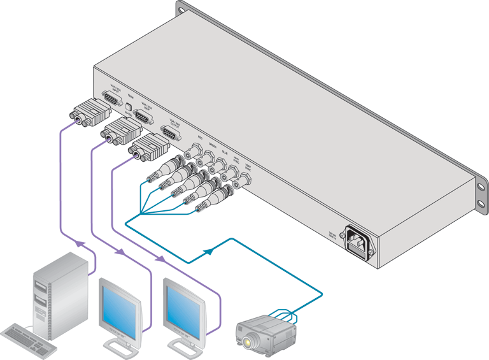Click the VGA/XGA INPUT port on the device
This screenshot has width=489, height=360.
pos(112,98)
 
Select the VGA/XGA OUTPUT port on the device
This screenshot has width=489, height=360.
pos(169,133)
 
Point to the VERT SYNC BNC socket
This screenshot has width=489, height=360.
pos(244,181)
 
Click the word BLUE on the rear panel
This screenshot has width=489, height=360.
pos(225,152)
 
